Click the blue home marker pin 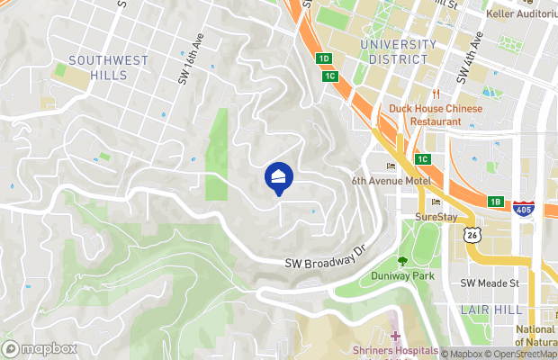pos(278,176)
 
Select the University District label pos(393,51)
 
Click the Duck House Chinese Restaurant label pos(436,114)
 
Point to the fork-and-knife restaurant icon pos(436,94)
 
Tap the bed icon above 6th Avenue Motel pos(391,166)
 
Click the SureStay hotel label pos(436,217)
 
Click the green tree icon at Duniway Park pos(402,262)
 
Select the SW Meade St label pos(490,283)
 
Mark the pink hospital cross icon pos(395,336)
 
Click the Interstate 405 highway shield pos(523,209)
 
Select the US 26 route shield pos(471,234)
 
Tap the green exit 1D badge pos(324,58)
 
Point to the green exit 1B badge pos(496,202)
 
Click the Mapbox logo pos(40,348)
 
